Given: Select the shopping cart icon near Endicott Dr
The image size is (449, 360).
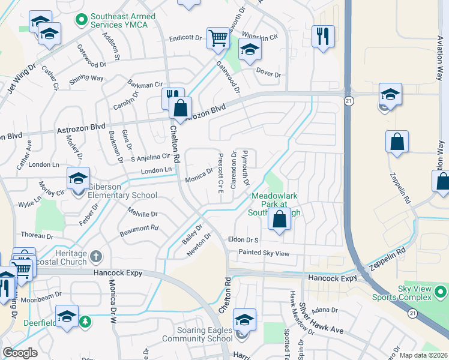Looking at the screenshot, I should click(x=218, y=38).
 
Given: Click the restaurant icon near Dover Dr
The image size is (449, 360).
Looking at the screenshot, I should click(x=323, y=36).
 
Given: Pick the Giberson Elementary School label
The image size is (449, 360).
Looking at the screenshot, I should click(x=122, y=191).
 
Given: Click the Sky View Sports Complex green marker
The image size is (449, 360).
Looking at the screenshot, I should click(x=440, y=292).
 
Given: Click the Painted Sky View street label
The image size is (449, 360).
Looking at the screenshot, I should click(x=264, y=254).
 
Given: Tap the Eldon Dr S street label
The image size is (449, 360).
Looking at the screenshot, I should click(x=243, y=240).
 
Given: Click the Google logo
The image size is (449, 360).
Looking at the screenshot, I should click(x=20, y=353).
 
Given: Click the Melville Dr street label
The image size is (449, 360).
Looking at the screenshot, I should click(x=142, y=214).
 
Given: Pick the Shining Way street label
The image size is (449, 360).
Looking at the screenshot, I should click(x=86, y=79).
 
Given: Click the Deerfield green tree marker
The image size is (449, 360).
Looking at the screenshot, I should click(x=85, y=322).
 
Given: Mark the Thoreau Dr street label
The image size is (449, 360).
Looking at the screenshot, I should click(x=38, y=236).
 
